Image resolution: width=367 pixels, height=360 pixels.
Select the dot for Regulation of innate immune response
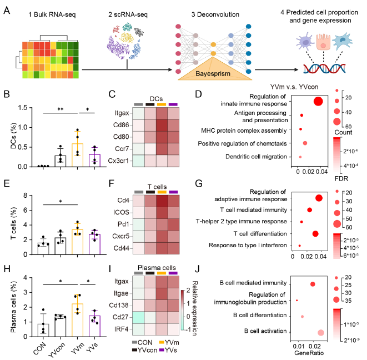point(319,101)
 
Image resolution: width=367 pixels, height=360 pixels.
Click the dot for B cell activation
point(321,332)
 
